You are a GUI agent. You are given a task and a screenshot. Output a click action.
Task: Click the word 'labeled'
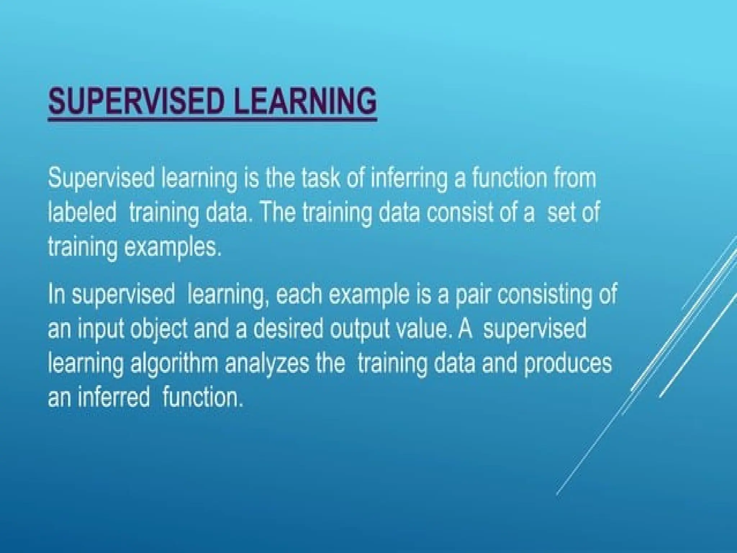[82, 212]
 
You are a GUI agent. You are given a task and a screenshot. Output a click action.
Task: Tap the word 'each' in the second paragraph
[297, 295]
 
